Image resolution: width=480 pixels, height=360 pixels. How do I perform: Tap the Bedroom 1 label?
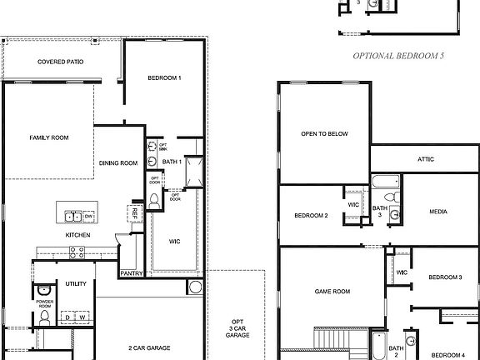(164, 77)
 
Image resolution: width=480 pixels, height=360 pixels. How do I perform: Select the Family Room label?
(49, 137)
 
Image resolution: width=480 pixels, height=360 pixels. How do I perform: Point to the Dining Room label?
(118, 163)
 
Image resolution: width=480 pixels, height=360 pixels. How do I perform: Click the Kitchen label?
(77, 236)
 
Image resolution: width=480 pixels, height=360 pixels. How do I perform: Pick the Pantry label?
(132, 272)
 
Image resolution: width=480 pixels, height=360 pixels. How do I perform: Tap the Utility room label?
(77, 284)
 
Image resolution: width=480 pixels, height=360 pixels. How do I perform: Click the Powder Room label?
(44, 302)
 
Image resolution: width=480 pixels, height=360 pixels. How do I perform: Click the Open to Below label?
(324, 133)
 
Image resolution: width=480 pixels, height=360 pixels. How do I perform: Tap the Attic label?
(425, 158)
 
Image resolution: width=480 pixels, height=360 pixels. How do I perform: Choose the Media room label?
(438, 212)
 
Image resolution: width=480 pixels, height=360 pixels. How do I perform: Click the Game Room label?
(331, 292)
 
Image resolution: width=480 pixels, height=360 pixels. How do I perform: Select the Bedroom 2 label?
(311, 216)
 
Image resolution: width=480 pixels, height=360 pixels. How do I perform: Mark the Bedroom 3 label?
(445, 277)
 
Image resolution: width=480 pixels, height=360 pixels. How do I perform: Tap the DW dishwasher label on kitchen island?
(89, 217)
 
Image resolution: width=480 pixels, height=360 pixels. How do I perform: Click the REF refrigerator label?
(132, 213)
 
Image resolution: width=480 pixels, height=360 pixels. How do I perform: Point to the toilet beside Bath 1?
(155, 199)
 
